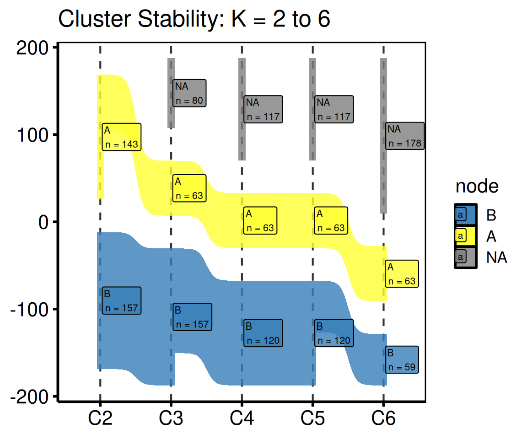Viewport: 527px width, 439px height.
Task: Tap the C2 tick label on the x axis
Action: tap(100, 418)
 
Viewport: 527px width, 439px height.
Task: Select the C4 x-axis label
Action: tap(242, 418)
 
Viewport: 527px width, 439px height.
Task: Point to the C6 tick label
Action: tap(383, 418)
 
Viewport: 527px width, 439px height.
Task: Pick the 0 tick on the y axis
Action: tap(44, 222)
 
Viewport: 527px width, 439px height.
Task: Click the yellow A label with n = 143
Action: tap(121, 137)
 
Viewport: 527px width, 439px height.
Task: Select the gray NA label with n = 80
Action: tap(189, 93)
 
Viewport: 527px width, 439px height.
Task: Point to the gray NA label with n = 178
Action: tap(405, 136)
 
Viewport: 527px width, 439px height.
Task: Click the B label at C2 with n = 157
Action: tap(121, 300)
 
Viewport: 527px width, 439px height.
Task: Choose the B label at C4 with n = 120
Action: tap(263, 333)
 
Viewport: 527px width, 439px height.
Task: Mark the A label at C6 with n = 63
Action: tap(402, 273)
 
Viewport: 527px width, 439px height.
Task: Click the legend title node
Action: tap(477, 186)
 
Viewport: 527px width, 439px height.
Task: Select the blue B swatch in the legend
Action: tap(466, 215)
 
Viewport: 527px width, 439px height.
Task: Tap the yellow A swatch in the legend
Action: tap(466, 236)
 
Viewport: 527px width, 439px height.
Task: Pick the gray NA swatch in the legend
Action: tap(466, 257)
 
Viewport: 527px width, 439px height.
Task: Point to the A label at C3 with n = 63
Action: tap(189, 188)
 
